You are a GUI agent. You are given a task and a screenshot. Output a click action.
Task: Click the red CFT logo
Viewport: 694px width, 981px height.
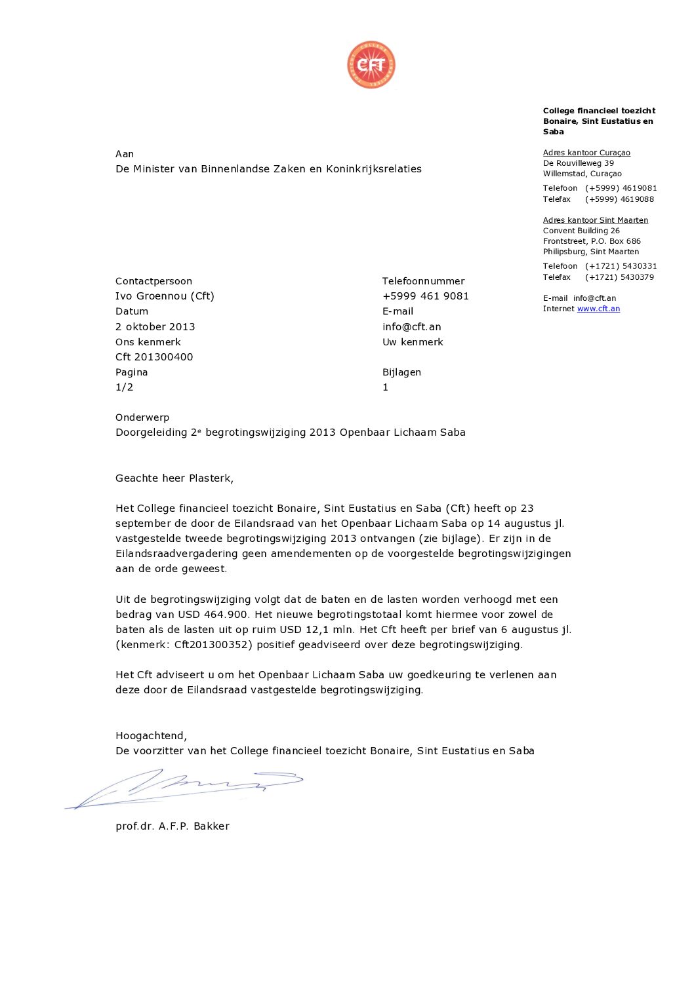[x=371, y=65]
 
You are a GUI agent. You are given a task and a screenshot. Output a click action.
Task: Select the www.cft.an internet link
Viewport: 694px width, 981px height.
[x=598, y=309]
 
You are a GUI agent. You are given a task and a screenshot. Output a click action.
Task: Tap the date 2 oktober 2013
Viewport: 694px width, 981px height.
[x=155, y=326]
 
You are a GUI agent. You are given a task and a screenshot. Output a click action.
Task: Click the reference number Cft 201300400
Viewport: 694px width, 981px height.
[x=154, y=356]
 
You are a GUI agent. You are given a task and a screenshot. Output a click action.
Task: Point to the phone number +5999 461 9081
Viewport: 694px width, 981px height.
[x=425, y=296]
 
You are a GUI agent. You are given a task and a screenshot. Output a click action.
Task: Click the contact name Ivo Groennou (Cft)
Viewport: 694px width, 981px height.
[x=165, y=296]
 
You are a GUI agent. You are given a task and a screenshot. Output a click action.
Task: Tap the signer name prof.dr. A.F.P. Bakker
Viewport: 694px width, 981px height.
[x=173, y=826]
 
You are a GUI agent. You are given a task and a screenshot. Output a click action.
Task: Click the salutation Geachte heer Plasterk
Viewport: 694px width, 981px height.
[x=174, y=478]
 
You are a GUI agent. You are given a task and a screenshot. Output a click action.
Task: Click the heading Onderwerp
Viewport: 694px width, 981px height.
[x=142, y=417]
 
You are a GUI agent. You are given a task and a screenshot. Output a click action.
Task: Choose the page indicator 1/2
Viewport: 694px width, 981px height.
[x=125, y=387]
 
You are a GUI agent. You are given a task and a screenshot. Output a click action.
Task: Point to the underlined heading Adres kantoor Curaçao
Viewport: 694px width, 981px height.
[x=586, y=153]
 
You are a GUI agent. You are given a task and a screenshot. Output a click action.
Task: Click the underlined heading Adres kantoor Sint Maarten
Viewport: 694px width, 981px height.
[x=595, y=220]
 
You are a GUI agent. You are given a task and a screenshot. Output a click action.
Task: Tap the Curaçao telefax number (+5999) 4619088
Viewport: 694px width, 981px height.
[x=619, y=199]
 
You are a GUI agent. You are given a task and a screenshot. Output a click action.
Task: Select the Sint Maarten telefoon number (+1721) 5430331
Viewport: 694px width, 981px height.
[x=621, y=266]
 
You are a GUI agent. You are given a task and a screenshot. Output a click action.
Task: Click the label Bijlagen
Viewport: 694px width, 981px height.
[x=401, y=372]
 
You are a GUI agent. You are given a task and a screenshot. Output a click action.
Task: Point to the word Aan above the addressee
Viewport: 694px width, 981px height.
[x=125, y=154]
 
